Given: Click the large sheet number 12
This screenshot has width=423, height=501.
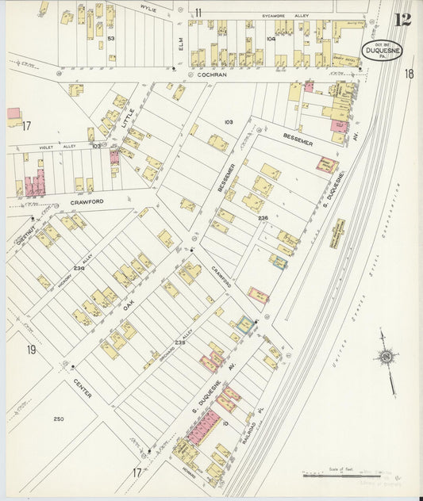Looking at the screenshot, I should [402, 18].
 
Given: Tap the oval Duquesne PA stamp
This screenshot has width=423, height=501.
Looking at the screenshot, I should [383, 51].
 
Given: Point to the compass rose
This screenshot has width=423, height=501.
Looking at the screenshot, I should [386, 358].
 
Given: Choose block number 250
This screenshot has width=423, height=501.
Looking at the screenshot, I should [59, 418].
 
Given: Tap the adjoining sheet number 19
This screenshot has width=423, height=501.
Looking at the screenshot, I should [31, 350].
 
